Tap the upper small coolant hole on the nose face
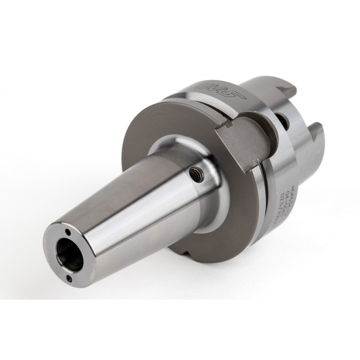click(67, 233)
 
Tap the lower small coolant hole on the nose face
click(69, 279)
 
